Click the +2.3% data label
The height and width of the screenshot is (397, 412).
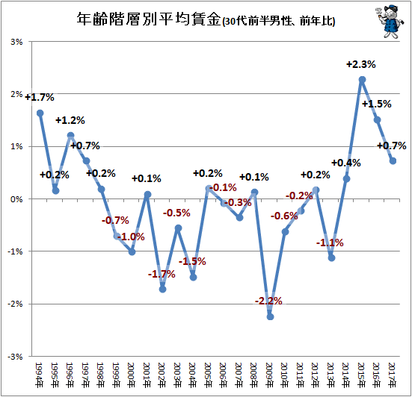click(x=361, y=64)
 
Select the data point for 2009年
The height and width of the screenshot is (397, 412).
click(x=270, y=316)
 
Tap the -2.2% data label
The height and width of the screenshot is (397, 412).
click(x=268, y=301)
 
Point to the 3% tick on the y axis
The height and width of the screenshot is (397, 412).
click(x=16, y=42)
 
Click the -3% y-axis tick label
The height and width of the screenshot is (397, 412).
click(x=15, y=357)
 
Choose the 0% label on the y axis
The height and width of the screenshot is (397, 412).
click(x=16, y=199)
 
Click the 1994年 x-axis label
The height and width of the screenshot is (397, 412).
click(x=39, y=375)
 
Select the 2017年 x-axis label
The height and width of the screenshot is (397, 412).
click(x=392, y=375)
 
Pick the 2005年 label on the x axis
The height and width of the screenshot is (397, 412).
click(x=208, y=375)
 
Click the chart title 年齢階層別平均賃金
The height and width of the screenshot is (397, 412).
click(x=149, y=19)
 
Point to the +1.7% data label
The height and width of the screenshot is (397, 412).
click(x=40, y=97)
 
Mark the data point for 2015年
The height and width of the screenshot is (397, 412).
click(x=362, y=79)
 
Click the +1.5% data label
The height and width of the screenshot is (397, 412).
click(x=377, y=104)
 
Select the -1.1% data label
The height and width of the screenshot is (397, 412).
click(x=330, y=243)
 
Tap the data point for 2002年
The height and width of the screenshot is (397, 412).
click(x=163, y=290)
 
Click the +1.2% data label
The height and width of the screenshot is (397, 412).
click(x=70, y=120)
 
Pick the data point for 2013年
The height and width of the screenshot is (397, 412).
click(x=331, y=258)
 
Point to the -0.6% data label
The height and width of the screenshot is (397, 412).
click(x=284, y=216)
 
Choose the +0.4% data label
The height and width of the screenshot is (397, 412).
click(x=346, y=163)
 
